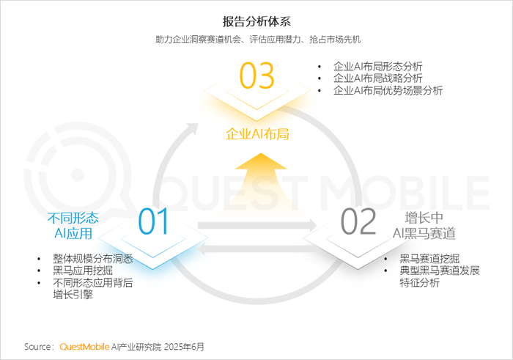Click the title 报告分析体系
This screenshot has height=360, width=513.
coord(256,21)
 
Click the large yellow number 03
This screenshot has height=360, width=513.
coord(256,76)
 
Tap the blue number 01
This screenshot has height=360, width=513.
coord(153,221)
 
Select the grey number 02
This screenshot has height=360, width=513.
coord(358,221)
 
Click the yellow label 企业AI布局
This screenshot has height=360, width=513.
coord(257,134)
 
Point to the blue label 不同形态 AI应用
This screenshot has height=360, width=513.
coord(73,226)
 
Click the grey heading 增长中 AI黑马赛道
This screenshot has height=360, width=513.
coord(424,226)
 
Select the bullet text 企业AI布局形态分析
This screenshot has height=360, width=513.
coord(378,67)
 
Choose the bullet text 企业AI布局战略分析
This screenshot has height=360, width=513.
coord(378,78)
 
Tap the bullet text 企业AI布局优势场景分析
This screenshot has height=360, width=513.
coord(388,90)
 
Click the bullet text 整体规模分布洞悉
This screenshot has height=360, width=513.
coord(93,259)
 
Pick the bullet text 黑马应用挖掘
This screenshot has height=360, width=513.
coord(83,271)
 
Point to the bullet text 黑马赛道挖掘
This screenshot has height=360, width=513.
coord(429,259)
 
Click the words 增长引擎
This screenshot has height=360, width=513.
coord(73,295)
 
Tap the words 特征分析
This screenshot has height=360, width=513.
coord(420,282)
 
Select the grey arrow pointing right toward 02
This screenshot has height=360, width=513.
coord(257,226)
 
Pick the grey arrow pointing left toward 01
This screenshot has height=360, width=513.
coord(259,249)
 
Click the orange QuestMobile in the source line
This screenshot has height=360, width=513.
coord(84,347)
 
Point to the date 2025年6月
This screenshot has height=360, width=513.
coord(184,347)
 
